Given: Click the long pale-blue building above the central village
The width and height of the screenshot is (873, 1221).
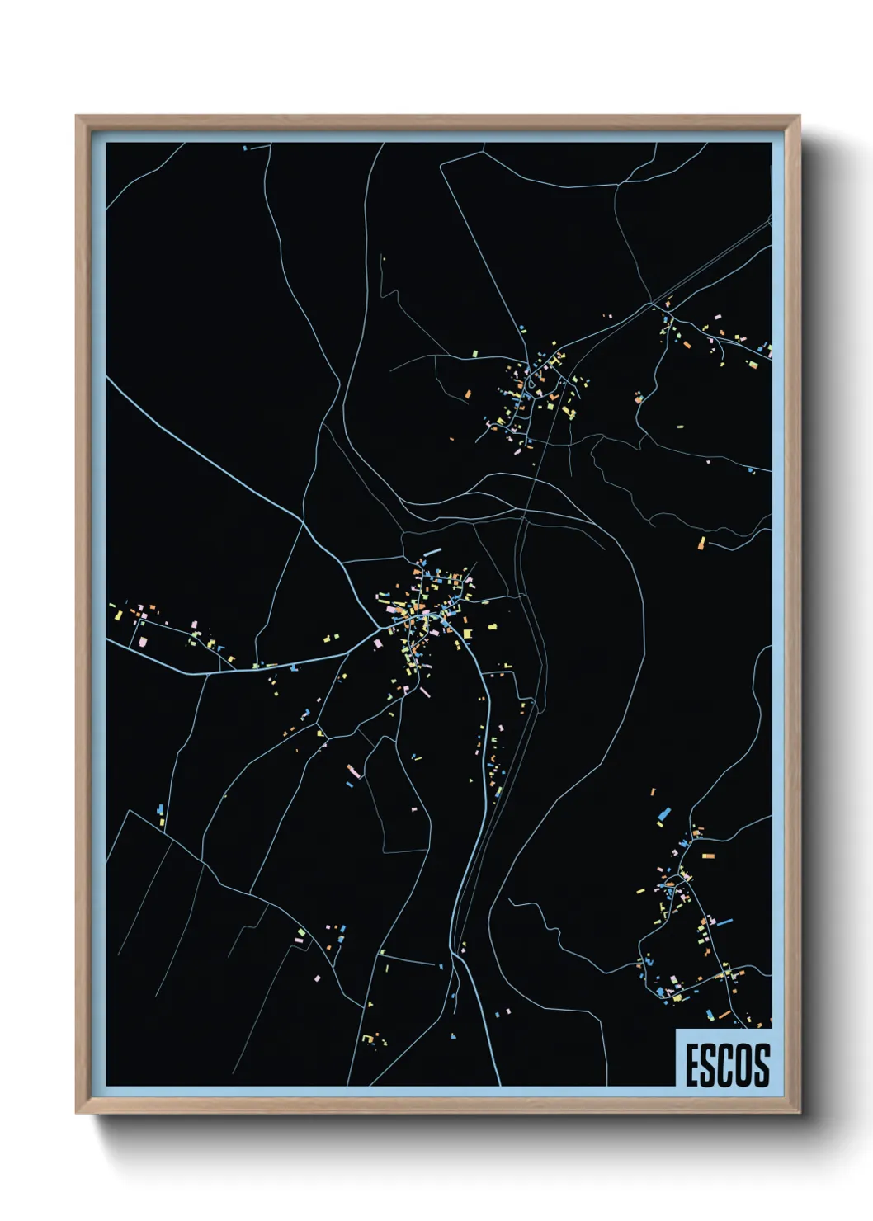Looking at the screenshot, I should pyautogui.click(x=432, y=552).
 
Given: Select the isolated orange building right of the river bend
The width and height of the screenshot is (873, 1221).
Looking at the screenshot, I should pyautogui.click(x=701, y=543).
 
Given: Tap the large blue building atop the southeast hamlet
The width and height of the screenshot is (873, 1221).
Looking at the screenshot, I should pyautogui.click(x=664, y=814).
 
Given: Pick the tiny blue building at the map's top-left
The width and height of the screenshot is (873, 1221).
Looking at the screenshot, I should pyautogui.click(x=245, y=148).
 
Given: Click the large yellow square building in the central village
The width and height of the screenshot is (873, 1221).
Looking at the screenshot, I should pyautogui.click(x=468, y=634).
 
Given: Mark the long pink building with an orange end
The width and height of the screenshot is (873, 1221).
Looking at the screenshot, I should pyautogui.click(x=353, y=771).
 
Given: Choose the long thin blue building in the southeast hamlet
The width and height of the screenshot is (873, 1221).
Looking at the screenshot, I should pyautogui.click(x=724, y=921).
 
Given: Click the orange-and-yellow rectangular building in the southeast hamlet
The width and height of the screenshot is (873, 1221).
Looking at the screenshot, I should pyautogui.click(x=707, y=856).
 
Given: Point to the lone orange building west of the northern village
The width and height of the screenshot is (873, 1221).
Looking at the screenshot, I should pyautogui.click(x=468, y=394).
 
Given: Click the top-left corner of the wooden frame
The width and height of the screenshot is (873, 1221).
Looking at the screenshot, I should pyautogui.click(x=78, y=116).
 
